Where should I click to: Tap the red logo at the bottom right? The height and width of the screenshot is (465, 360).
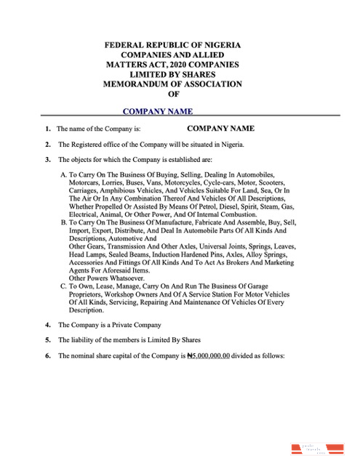[x=314, y=448]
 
